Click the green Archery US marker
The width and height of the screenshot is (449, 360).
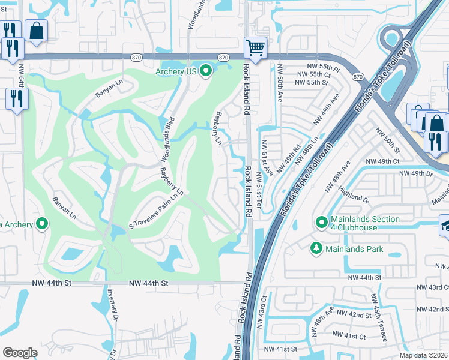pos(206,71)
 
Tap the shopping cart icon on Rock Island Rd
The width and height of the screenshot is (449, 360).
pos(255,47)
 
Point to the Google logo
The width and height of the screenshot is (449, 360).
pos(20,353)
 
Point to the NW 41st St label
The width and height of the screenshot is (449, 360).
pos(282,349)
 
